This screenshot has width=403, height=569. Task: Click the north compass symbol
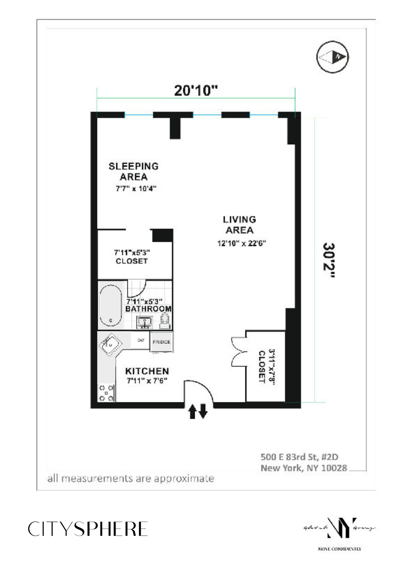(x=333, y=57)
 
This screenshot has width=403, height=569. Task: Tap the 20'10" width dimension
(x=196, y=91)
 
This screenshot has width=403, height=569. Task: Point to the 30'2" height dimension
(x=328, y=260)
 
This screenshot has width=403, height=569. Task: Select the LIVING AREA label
(x=239, y=225)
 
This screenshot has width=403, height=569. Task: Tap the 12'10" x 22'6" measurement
(x=242, y=244)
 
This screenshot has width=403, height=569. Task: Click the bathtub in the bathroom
(x=111, y=305)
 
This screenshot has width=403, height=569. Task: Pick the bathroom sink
(x=144, y=322)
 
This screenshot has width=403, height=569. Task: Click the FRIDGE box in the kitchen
(x=161, y=342)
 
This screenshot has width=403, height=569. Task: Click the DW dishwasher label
(x=141, y=340)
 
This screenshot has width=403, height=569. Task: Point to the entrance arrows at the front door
(x=198, y=411)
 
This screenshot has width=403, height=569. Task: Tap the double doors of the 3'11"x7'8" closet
(x=239, y=352)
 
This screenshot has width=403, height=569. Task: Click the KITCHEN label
(x=147, y=371)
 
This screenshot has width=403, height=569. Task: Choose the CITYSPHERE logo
(x=88, y=529)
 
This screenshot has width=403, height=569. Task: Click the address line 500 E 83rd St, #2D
(x=299, y=457)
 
